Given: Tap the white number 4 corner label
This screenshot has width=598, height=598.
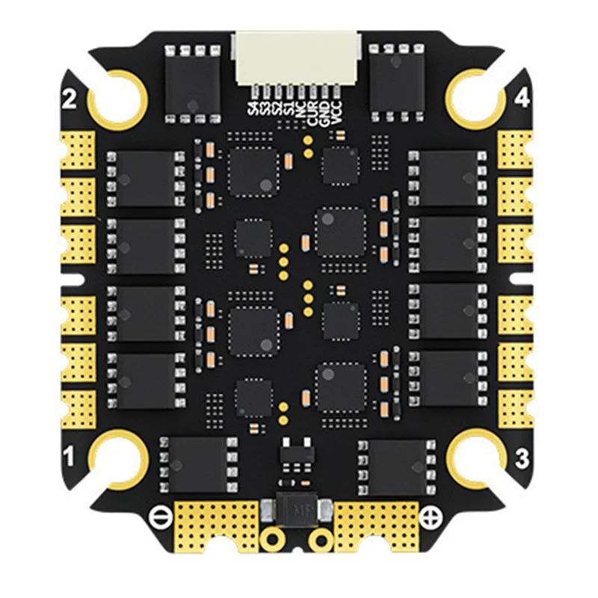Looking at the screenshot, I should click(x=522, y=97).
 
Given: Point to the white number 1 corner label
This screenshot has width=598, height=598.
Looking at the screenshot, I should click(x=70, y=454).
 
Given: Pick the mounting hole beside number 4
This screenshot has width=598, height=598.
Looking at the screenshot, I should click(x=475, y=96).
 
